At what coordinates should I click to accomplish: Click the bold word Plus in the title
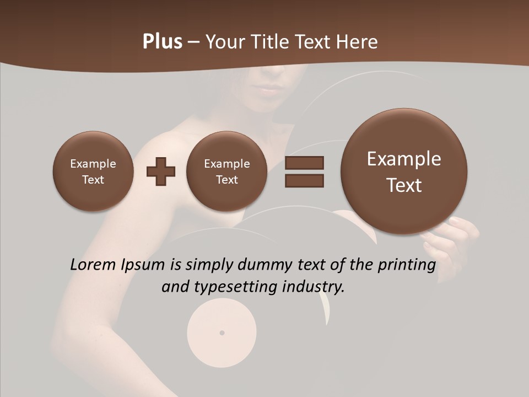point(162,42)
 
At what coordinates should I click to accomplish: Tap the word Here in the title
point(358,42)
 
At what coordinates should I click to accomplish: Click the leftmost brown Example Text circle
point(93,171)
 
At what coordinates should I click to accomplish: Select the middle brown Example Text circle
point(227,171)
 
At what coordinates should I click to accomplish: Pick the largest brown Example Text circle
point(404,171)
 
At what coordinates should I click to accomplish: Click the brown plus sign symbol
point(161,171)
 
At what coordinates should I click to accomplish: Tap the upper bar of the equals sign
point(304,163)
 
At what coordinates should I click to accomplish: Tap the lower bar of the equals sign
point(304,180)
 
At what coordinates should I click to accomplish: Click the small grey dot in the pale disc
point(222,333)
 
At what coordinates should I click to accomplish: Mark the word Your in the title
point(225,42)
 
